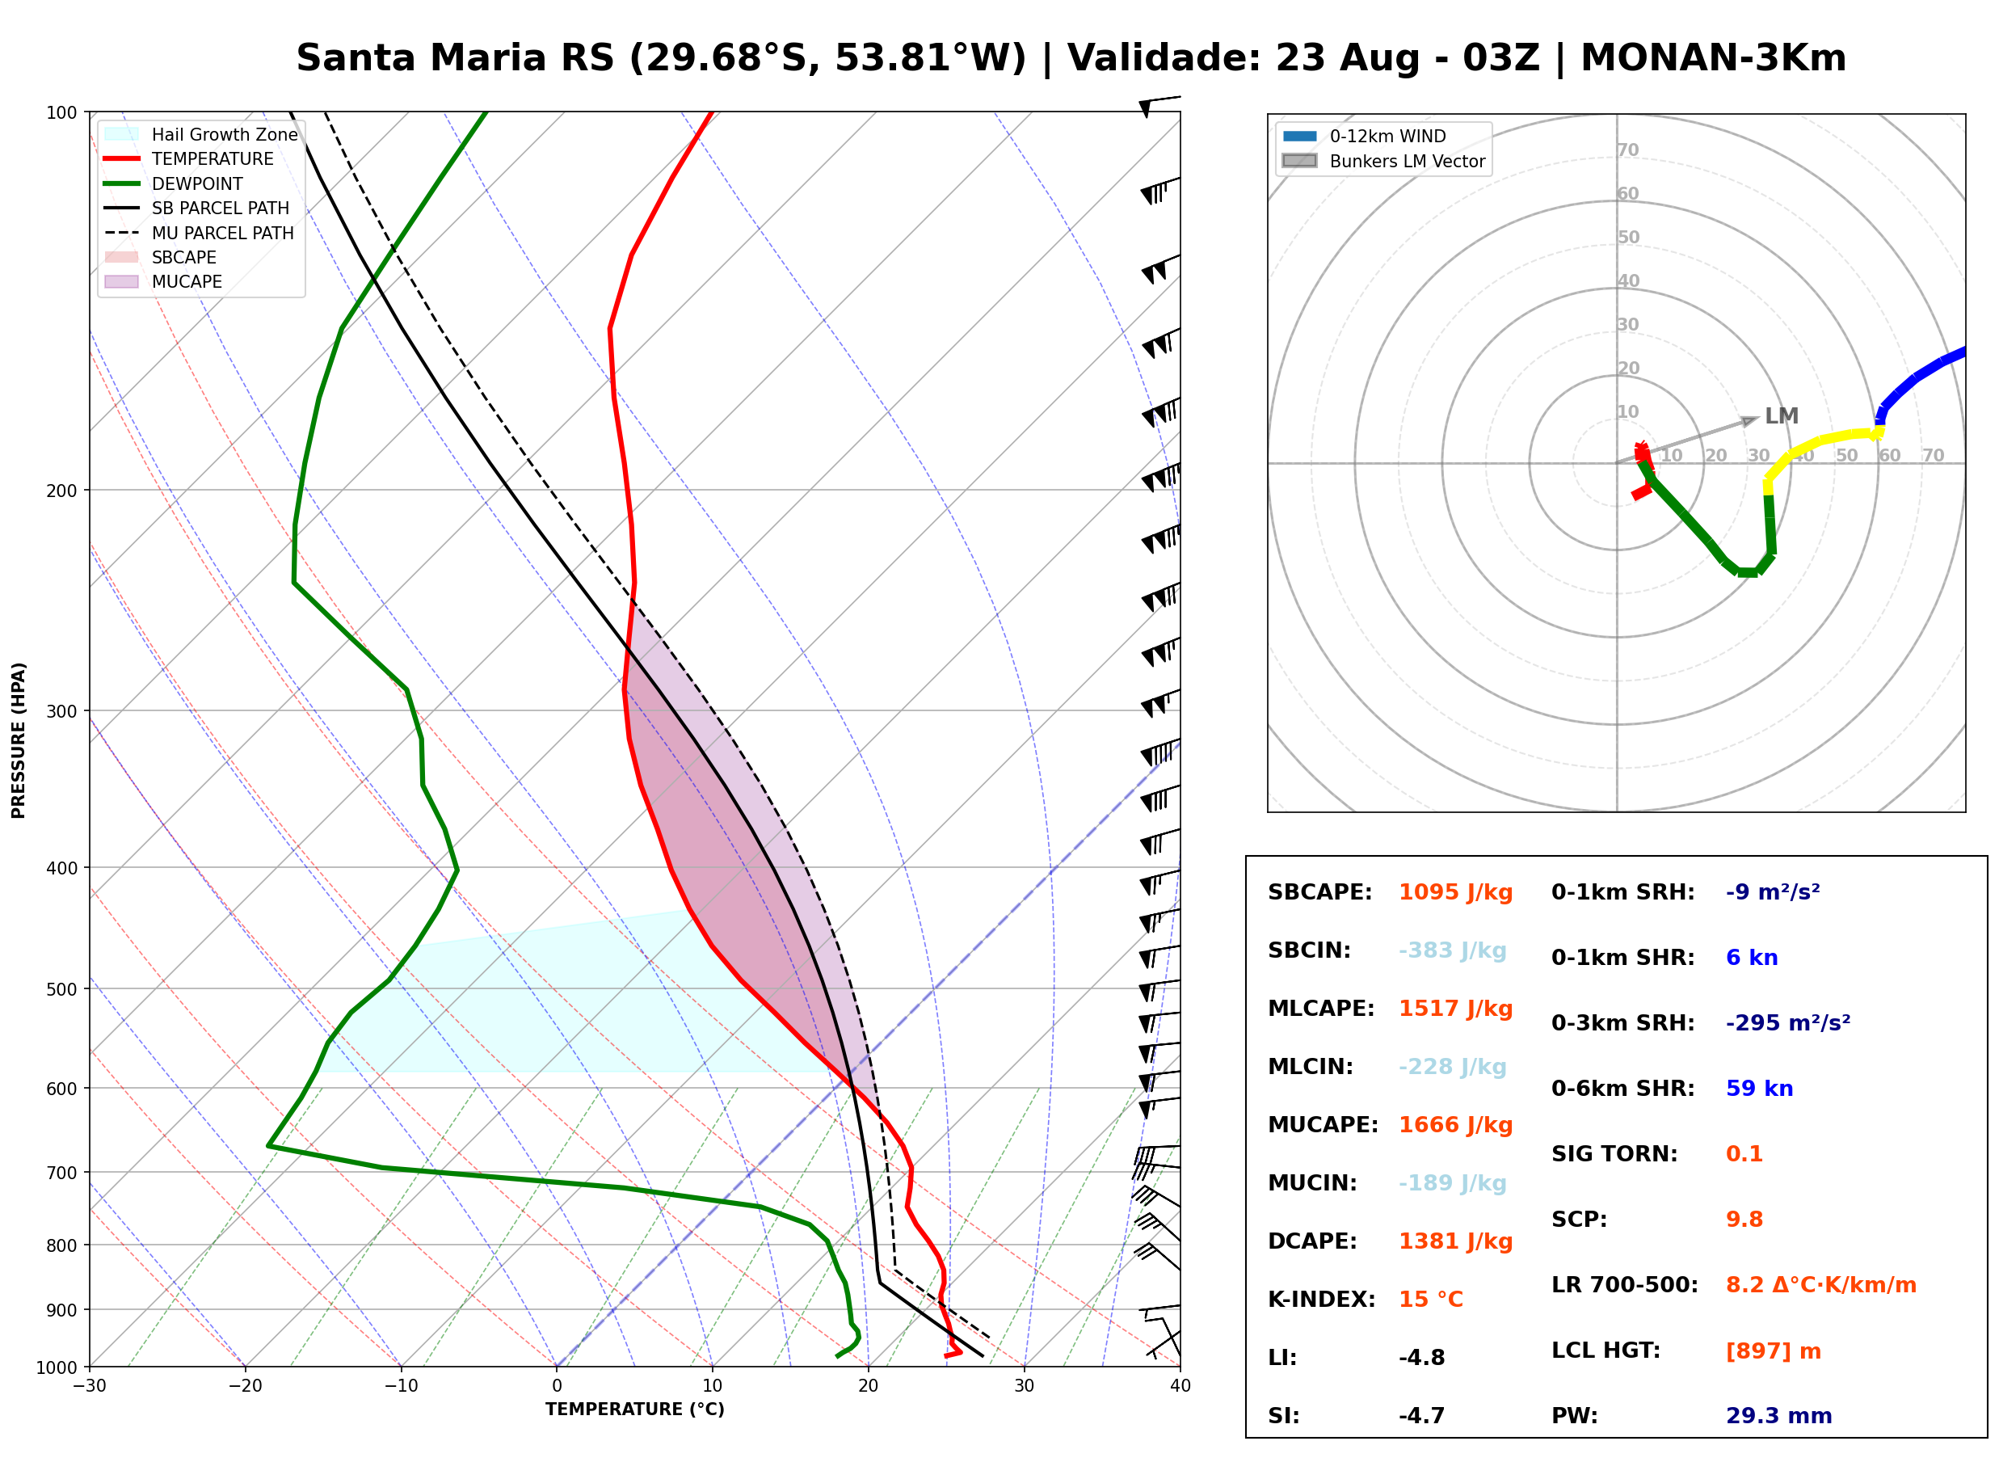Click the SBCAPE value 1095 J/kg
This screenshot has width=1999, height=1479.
1455,892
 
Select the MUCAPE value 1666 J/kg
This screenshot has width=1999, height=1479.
1455,1125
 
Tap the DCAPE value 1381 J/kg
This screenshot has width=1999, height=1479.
1455,1241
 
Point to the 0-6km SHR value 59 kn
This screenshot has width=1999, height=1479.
1759,1089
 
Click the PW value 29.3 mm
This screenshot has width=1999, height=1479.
1779,1416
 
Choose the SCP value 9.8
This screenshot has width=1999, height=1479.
1744,1220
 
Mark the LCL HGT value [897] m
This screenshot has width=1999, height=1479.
1774,1351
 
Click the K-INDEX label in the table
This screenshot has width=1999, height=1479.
1322,1300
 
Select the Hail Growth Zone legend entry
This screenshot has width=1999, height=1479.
201,134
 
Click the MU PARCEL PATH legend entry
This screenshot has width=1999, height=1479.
200,233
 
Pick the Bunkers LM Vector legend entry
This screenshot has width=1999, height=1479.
1383,161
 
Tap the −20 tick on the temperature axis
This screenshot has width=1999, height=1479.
245,1386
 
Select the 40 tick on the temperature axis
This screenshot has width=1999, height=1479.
1180,1386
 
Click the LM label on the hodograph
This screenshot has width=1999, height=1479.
1782,416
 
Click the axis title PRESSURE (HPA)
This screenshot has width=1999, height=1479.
18,739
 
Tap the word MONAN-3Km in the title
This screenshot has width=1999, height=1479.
1714,58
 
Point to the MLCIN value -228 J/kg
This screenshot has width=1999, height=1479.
1452,1067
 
